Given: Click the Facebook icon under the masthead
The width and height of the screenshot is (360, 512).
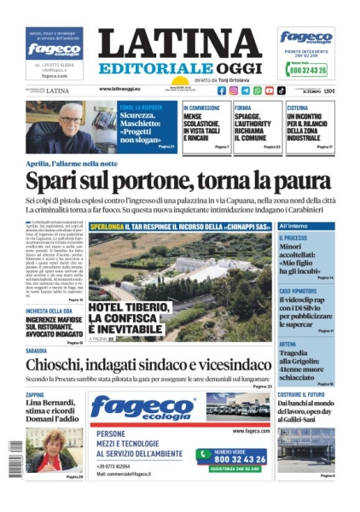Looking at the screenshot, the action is [222, 90].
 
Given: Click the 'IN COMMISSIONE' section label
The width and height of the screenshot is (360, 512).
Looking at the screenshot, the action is [205, 108].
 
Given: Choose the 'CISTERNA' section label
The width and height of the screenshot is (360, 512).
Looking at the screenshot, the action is [299, 108].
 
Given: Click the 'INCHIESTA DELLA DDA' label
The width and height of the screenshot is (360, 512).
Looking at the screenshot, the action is [53, 311].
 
